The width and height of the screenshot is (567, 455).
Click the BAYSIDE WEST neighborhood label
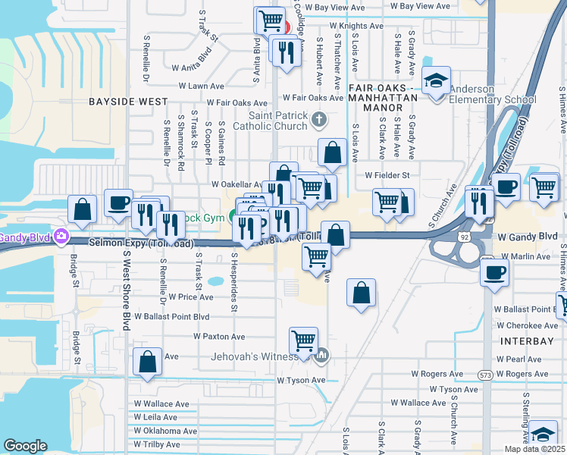click(127, 101)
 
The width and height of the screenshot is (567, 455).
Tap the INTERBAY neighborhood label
click(527, 341)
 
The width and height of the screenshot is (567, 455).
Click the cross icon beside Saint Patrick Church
click(320, 119)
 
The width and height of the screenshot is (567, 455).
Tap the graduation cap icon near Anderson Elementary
click(437, 80)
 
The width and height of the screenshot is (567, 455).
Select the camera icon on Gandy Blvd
click(60, 237)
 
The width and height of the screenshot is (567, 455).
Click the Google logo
click(25, 446)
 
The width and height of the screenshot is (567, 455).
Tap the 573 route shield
click(485, 375)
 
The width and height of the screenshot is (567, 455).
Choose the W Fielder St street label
click(387, 175)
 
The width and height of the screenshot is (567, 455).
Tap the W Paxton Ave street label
click(219, 336)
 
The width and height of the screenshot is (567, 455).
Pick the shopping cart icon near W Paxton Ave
click(303, 340)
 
